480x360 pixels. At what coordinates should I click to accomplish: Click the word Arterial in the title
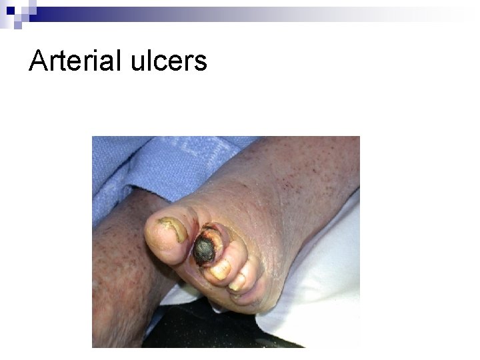[73, 61]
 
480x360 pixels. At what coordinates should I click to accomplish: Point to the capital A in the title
[39, 61]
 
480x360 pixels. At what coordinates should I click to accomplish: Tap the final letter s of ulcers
[201, 64]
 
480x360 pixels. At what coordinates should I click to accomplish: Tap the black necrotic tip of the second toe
[204, 251]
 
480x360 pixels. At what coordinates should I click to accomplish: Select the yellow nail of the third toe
[220, 269]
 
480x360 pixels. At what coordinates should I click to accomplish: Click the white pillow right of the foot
[320, 280]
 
